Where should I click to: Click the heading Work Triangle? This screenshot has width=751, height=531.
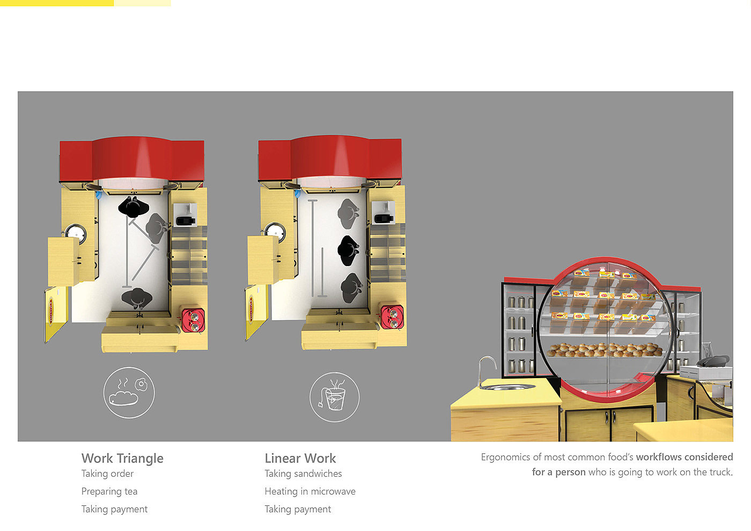[x=122, y=458]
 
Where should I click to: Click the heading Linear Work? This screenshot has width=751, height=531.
[x=300, y=458]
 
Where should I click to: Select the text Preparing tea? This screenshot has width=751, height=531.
[x=109, y=491]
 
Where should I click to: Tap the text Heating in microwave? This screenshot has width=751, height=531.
[x=310, y=491]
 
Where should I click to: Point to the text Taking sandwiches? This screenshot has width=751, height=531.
[x=303, y=474]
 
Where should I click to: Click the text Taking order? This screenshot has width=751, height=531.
[x=107, y=474]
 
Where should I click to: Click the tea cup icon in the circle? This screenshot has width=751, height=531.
[x=334, y=397]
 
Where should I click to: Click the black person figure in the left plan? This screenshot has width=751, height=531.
[x=134, y=206]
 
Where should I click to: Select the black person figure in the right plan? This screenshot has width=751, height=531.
[x=348, y=250]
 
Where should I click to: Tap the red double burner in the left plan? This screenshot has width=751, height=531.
[x=193, y=321]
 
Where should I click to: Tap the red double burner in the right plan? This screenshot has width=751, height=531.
[x=392, y=317]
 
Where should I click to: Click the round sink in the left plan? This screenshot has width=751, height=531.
[x=76, y=233]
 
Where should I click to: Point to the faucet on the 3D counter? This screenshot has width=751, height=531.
[x=487, y=371]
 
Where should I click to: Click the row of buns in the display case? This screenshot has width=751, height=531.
[x=605, y=350]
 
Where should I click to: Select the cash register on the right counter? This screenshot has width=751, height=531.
[x=706, y=368]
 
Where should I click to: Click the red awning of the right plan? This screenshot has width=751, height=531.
[x=330, y=158]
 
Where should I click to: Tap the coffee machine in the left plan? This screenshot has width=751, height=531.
[x=185, y=215]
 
